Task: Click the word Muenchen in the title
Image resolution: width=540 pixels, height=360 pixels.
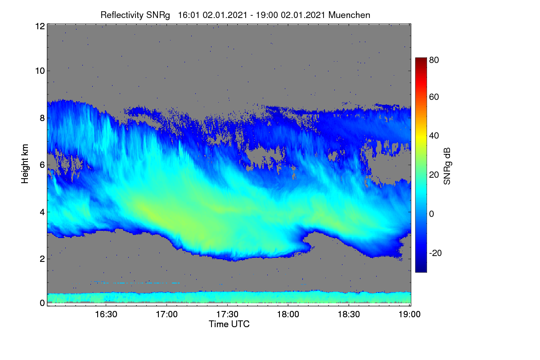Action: [x=349, y=15]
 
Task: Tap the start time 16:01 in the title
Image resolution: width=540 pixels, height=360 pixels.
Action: [x=189, y=15]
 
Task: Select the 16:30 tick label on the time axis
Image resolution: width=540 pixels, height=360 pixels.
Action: [x=106, y=314]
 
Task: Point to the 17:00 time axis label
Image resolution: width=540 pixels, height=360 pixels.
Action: [x=166, y=314]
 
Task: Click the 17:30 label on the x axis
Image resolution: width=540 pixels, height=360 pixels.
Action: [x=227, y=314]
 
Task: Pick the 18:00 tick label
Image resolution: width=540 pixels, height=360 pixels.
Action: [x=288, y=314]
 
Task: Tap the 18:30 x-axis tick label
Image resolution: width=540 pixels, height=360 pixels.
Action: [x=349, y=314]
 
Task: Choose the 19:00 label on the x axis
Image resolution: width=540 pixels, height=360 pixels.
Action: [x=409, y=314]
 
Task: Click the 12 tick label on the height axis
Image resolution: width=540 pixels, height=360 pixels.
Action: [x=40, y=26]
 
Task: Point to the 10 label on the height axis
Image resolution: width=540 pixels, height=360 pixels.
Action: [x=40, y=71]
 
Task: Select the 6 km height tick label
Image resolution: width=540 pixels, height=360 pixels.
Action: [x=42, y=165]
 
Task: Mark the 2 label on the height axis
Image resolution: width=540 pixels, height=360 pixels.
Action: [x=42, y=259]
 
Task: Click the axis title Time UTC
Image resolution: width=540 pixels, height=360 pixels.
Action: [x=229, y=324]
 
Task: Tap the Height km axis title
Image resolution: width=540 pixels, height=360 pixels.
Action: [x=25, y=164]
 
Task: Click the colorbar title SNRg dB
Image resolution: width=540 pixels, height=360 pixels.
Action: [x=447, y=166]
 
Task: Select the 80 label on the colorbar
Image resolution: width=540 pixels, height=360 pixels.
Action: [x=434, y=60]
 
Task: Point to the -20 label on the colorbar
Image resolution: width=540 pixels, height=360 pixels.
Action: [x=436, y=253]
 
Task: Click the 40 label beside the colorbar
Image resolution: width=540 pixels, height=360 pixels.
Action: [x=434, y=136]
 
